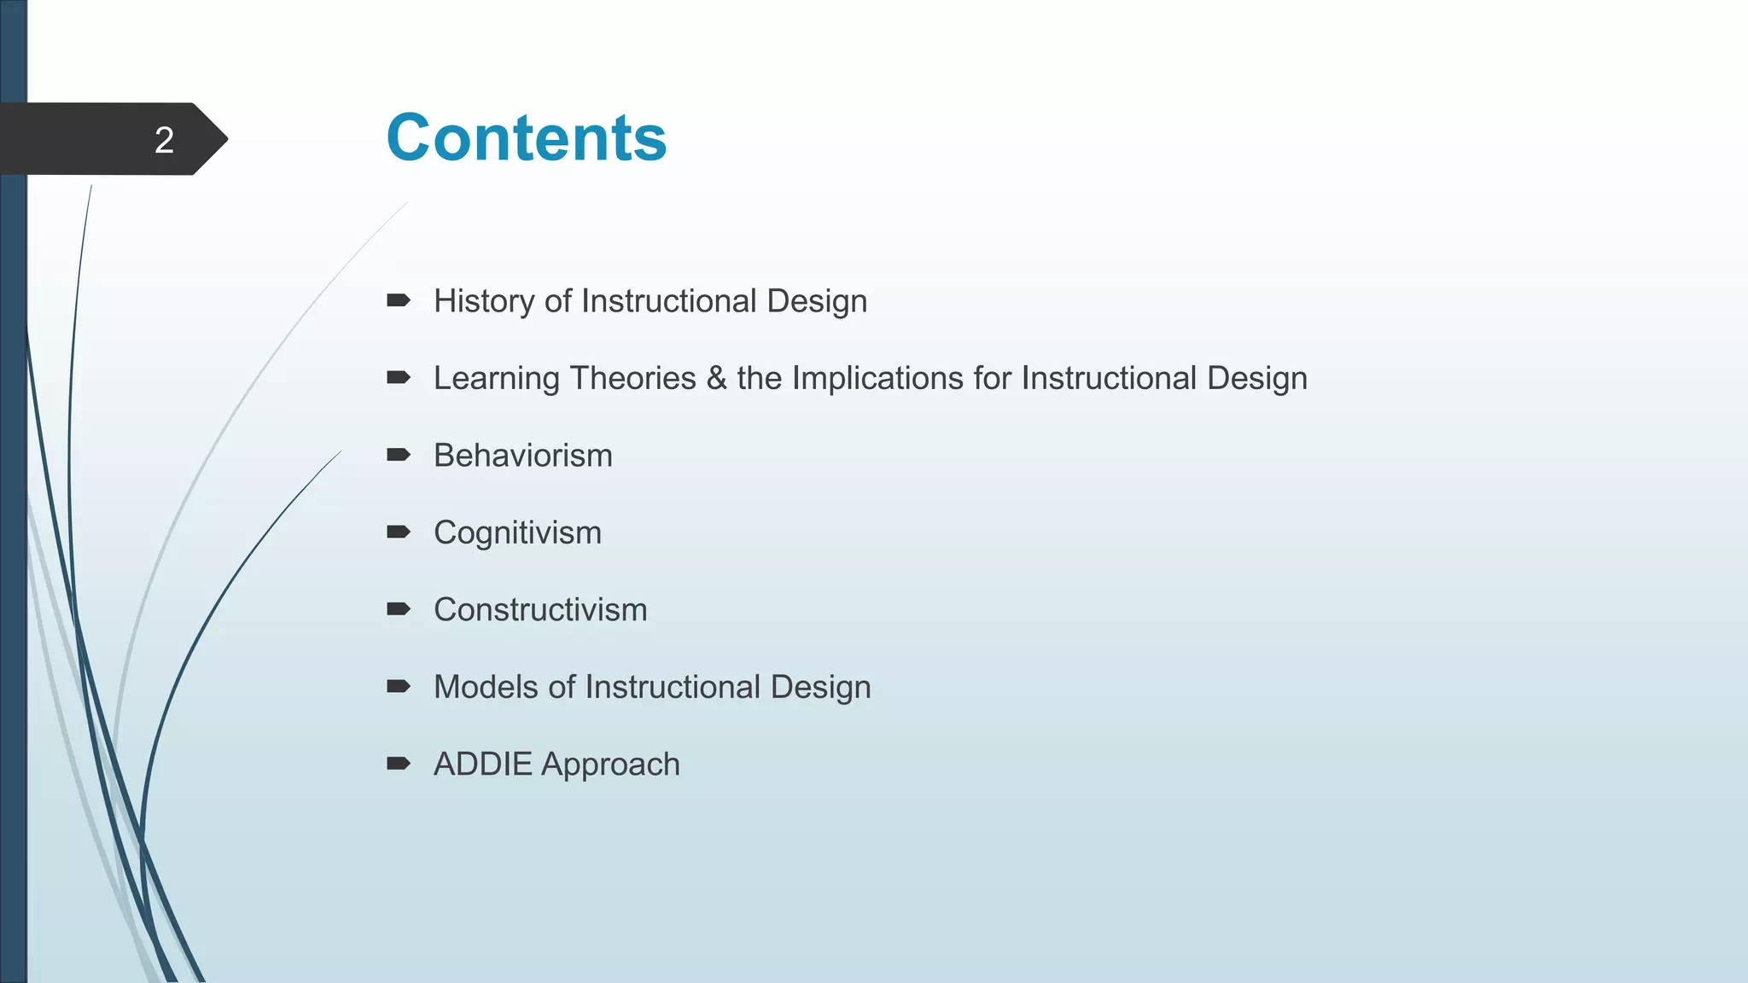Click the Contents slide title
(x=526, y=137)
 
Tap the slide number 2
(x=164, y=140)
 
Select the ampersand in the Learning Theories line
(x=716, y=378)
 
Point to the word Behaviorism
(x=522, y=456)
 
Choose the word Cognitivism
(x=517, y=533)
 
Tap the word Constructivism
(x=540, y=610)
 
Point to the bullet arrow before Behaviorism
(x=399, y=455)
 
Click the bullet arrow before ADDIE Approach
(x=399, y=764)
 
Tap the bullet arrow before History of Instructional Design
(x=399, y=300)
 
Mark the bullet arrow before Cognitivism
(x=399, y=532)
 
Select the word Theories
(x=632, y=378)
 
